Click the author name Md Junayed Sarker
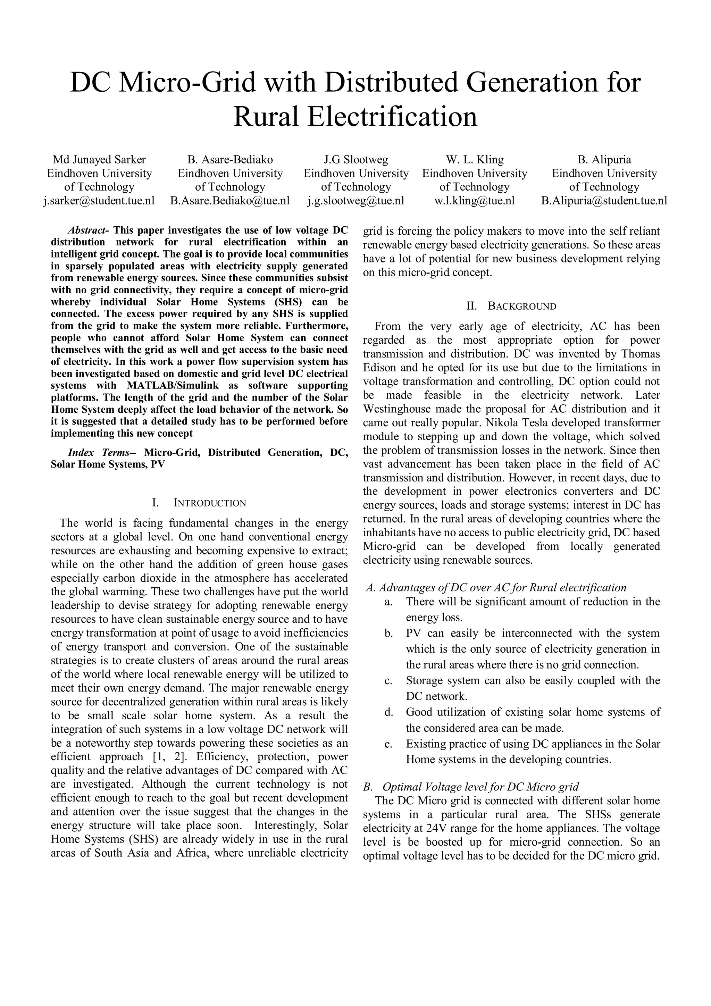pos(99,159)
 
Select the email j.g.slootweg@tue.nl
pos(356,201)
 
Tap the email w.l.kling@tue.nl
pos(475,201)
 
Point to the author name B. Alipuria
pos(604,159)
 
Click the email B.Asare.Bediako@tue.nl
pos(230,201)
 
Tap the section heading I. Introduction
pos(199,503)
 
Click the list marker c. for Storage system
pos(388,681)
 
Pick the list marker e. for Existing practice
pos(388,744)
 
